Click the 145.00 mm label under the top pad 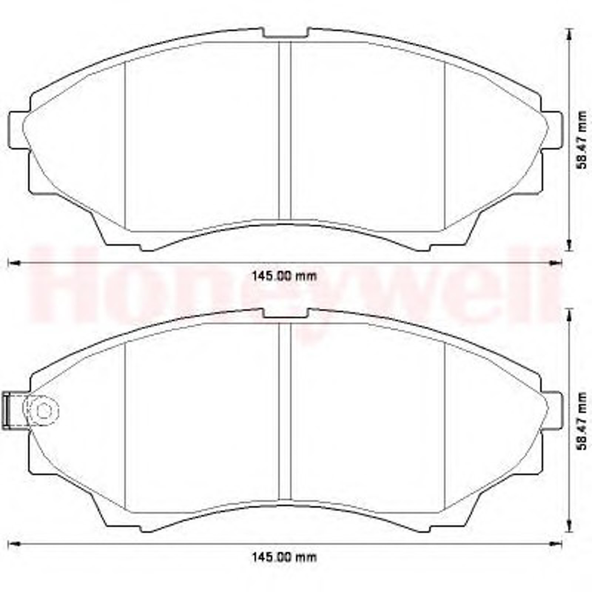284,276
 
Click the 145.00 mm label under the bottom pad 284,557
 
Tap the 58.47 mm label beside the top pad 582,140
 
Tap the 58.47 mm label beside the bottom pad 582,421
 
